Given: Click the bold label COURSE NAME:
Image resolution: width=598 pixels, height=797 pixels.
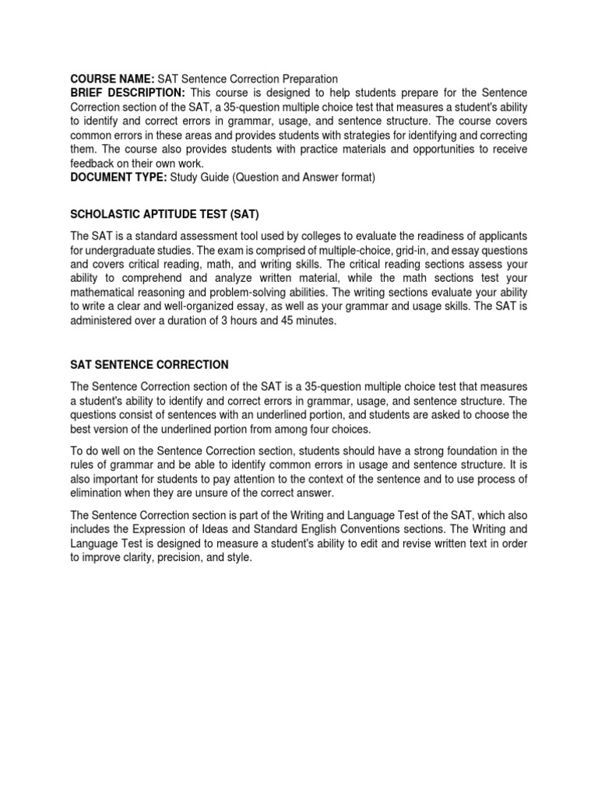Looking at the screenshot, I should point(112,79).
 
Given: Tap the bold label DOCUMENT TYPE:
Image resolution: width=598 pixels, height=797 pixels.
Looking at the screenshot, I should point(118,177).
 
